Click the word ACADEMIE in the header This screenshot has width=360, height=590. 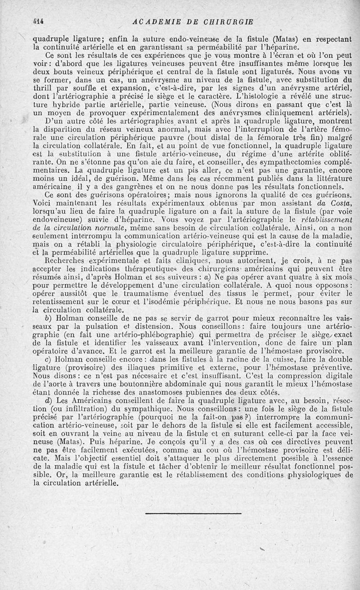coord(155,22)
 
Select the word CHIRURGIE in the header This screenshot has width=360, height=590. coord(229,22)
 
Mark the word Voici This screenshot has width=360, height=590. coord(45,203)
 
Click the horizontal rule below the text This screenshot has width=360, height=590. coord(193,513)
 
